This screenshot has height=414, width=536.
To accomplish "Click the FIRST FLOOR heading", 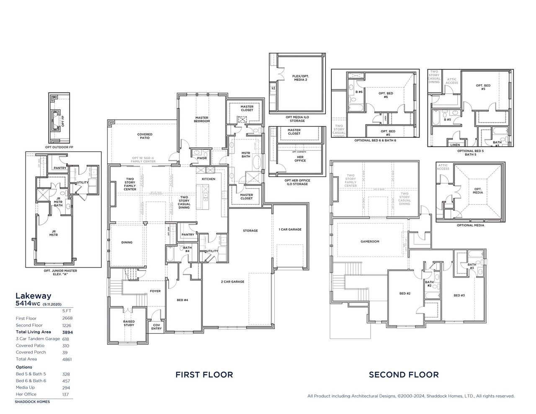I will click(x=204, y=374).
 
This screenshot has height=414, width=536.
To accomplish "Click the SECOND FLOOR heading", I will click(x=404, y=374).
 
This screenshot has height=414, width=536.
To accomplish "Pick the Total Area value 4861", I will click(x=67, y=359).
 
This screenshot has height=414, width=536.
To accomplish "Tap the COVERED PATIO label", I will click(x=144, y=136).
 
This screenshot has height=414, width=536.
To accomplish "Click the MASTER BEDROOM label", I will click(x=202, y=119).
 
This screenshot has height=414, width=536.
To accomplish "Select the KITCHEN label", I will click(x=209, y=179).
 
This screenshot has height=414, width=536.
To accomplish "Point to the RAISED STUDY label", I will click(x=129, y=323).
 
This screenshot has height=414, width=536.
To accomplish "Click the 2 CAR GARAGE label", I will click(x=232, y=282).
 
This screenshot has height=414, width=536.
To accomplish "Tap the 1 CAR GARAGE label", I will click(x=290, y=229).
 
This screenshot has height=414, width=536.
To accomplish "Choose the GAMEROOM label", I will click(x=370, y=242).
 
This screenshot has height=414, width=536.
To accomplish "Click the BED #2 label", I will click(x=405, y=293).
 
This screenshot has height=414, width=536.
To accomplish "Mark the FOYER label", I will click(x=155, y=291).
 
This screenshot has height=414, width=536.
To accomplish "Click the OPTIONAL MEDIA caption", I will click(x=470, y=225).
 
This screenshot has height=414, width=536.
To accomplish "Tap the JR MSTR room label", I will click(x=54, y=234).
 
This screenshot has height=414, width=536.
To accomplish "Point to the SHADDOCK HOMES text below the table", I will click(x=32, y=401).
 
